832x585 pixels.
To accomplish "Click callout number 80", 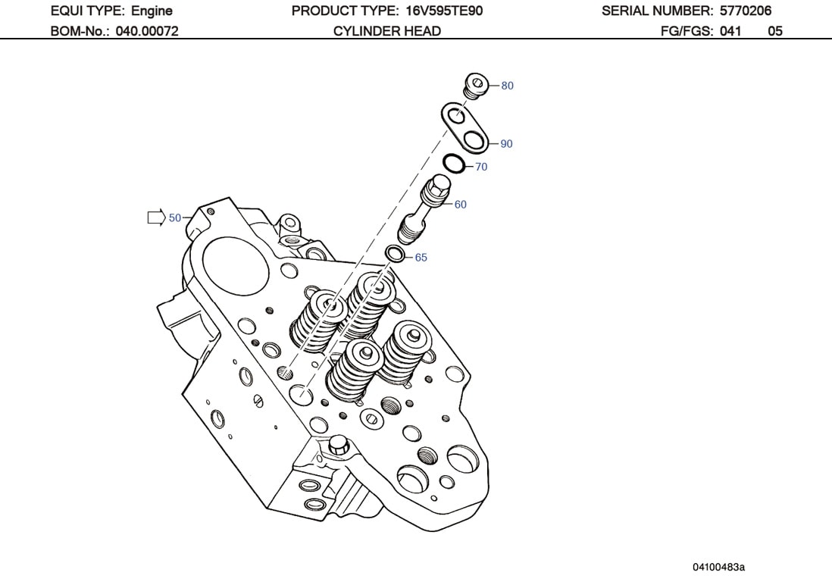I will click(x=507, y=86).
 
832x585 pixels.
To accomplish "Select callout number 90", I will click(x=506, y=144).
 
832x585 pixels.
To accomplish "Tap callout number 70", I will click(x=481, y=167).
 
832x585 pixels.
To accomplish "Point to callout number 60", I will click(x=460, y=205).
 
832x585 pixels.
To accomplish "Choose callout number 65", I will click(x=421, y=258).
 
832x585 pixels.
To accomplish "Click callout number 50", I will click(x=175, y=218).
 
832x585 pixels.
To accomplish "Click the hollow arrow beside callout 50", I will click(x=155, y=218).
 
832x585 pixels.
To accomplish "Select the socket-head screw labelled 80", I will click(x=474, y=86).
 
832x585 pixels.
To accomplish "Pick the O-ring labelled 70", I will click(x=453, y=164).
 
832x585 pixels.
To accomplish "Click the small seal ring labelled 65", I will click(x=395, y=253).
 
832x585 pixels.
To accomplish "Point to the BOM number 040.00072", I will click(x=146, y=31).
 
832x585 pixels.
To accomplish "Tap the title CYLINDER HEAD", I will click(x=386, y=31).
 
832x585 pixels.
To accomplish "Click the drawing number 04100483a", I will click(x=718, y=567).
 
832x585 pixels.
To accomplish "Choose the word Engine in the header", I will click(x=152, y=11).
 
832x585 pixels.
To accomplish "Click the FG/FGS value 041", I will click(x=730, y=31).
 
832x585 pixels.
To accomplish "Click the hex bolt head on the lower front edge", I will click(x=338, y=446).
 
